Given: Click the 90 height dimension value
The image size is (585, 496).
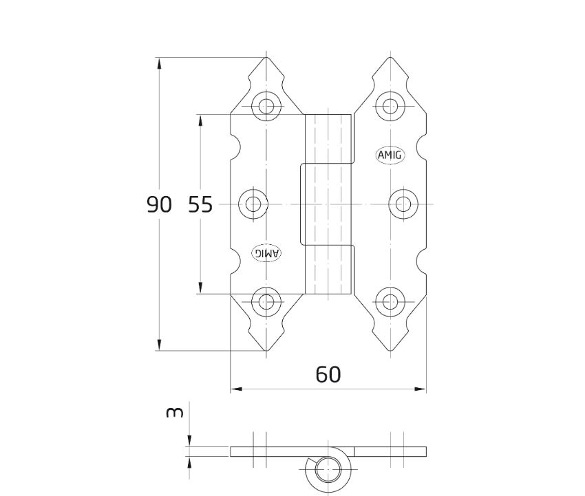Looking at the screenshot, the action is coord(159,204).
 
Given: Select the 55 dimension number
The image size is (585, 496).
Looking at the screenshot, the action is coord(200,204).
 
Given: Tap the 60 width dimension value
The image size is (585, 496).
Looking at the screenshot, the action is coord(328,374).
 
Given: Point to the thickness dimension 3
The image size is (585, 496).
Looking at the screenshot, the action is coord(175,412).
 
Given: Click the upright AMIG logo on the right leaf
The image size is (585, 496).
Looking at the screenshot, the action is coord(390,155).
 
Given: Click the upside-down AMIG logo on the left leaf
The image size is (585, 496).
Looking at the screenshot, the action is coord(266,253).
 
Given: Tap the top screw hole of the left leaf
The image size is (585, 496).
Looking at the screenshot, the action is coord(266,106).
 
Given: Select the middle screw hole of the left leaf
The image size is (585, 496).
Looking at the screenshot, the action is coord(253,204).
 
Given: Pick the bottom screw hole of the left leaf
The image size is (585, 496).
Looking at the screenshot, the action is coord(266,302).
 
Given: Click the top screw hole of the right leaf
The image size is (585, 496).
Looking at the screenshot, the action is coord(390,106).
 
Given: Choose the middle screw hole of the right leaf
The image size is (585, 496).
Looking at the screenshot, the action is coord(403,204).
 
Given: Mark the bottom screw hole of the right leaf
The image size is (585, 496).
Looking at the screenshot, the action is coord(390,302).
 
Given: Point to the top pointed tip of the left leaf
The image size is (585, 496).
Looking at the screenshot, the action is coord(266,57).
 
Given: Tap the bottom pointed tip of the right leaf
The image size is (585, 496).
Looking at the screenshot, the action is coord(391,351).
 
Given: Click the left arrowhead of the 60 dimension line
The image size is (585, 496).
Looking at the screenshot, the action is coord(236,389).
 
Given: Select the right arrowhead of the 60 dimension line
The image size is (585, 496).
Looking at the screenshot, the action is coord(420,389).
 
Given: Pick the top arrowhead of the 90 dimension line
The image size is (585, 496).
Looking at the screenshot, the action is coord(159,63).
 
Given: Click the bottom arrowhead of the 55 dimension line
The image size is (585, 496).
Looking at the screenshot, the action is coord(200,288).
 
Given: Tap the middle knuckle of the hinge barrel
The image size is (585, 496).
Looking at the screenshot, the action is coord(326,204).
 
